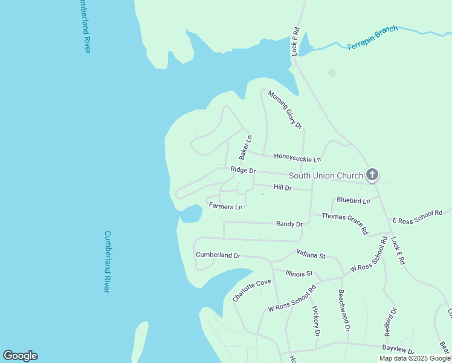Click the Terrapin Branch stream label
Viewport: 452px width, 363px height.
pos(372,38)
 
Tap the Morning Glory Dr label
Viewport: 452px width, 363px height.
pos(285,110)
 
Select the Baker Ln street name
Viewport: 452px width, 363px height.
pos(245,147)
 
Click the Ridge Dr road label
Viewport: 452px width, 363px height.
pos(244,171)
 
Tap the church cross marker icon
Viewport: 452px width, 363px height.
pos(372,175)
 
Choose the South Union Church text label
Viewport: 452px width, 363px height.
pos(325,176)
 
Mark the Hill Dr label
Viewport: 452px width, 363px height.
pos(282,188)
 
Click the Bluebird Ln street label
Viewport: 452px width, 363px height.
pos(354,200)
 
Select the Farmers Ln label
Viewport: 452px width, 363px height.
pos(225,206)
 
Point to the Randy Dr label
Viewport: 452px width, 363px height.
pos(289,224)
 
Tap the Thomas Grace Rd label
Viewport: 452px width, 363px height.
pos(344,223)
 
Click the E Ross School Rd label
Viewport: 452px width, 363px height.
pos(418,217)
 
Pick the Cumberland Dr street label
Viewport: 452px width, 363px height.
pos(218,255)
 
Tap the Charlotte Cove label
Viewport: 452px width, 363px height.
pos(251,290)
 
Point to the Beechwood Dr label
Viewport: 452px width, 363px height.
pos(343,309)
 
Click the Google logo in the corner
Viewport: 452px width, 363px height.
pos(20,356)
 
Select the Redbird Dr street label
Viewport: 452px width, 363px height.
pos(390,322)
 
